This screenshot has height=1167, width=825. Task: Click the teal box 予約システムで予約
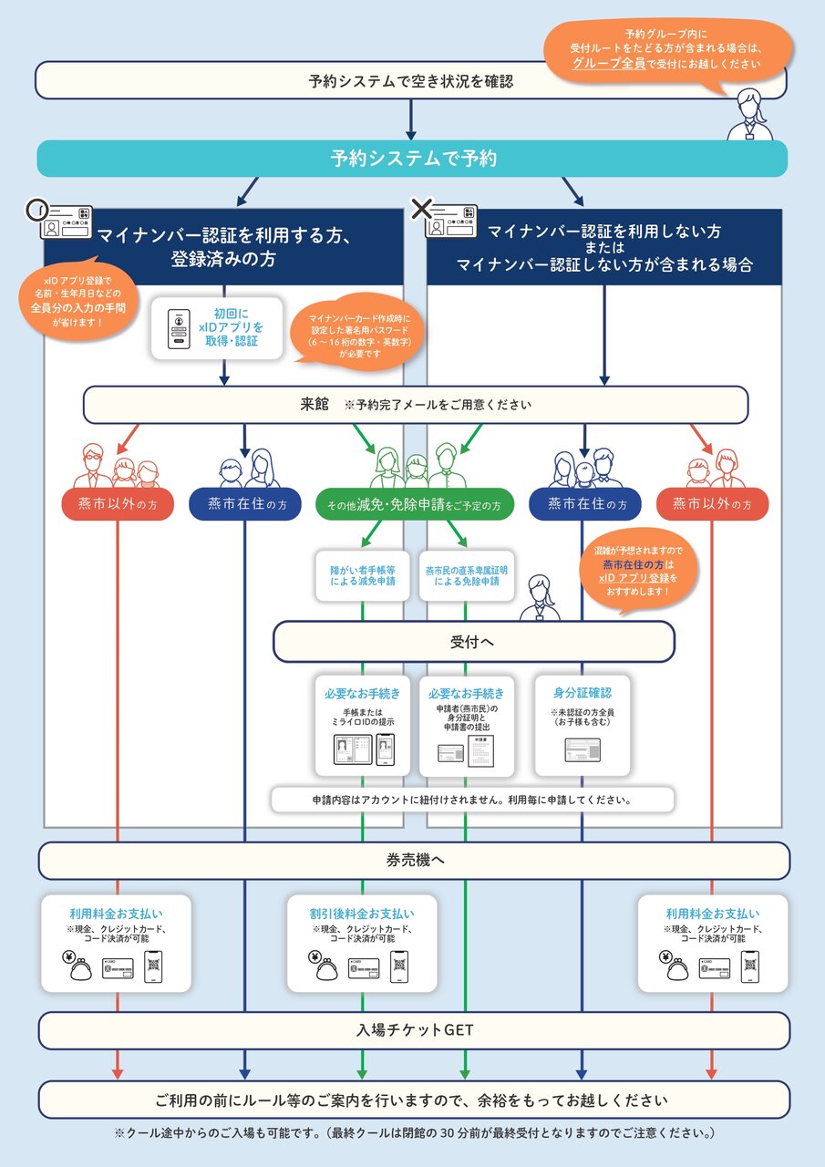pyautogui.click(x=412, y=159)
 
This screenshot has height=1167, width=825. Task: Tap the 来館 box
pyautogui.click(x=415, y=405)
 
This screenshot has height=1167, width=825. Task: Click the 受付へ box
pyautogui.click(x=473, y=642)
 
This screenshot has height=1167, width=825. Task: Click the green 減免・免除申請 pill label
pyautogui.click(x=415, y=503)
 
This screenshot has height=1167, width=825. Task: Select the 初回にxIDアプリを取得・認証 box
pyautogui.click(x=217, y=326)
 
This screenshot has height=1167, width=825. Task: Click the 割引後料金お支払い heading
pyautogui.click(x=362, y=913)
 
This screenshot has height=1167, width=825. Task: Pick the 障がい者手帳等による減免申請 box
pyautogui.click(x=362, y=575)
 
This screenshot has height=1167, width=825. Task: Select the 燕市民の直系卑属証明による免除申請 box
pyautogui.click(x=466, y=575)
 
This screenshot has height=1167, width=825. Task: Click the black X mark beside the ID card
pyautogui.click(x=420, y=209)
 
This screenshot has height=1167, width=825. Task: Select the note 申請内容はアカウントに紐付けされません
pyautogui.click(x=473, y=800)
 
